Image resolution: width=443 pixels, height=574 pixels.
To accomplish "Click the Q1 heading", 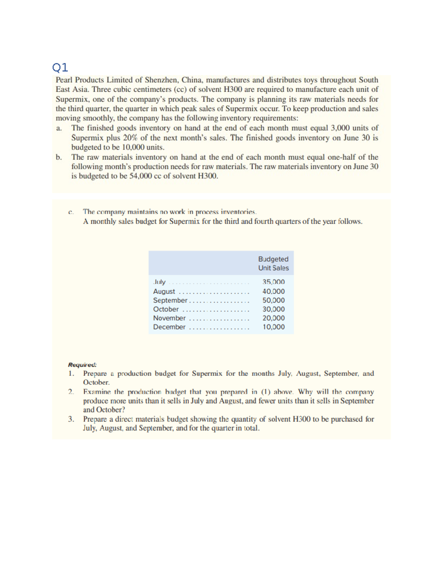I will click(x=60, y=67).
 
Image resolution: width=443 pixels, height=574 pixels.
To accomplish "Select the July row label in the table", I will click(x=159, y=282).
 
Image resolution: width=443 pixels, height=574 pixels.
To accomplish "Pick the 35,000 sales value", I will click(x=274, y=282).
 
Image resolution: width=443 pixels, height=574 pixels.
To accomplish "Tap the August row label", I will click(x=164, y=291).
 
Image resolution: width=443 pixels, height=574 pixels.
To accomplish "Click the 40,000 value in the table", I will click(x=274, y=291).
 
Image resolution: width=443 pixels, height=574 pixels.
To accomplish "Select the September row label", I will click(x=170, y=300).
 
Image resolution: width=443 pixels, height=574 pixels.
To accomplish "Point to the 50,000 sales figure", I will click(x=274, y=300).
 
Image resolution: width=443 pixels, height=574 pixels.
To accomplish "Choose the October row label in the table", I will click(x=166, y=309).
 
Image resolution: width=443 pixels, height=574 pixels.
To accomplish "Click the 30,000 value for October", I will click(x=274, y=309).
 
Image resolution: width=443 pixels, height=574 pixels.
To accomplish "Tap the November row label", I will click(x=169, y=318).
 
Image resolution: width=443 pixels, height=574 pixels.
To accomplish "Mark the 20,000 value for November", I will click(x=274, y=318).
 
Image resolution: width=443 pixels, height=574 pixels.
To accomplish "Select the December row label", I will click(x=169, y=327).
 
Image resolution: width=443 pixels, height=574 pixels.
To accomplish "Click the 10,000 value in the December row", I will click(x=274, y=327).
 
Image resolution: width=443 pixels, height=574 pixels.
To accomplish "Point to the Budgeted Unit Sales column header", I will click(x=273, y=263).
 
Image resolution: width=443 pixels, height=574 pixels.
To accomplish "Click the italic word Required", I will click(x=82, y=364).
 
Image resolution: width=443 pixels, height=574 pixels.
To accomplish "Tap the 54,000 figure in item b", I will click(x=140, y=176).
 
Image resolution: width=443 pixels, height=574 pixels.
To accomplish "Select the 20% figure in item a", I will click(x=130, y=137).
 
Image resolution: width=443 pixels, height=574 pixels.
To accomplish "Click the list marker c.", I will click(x=71, y=212).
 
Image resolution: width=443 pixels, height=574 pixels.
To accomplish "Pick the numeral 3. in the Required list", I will click(x=71, y=419).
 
